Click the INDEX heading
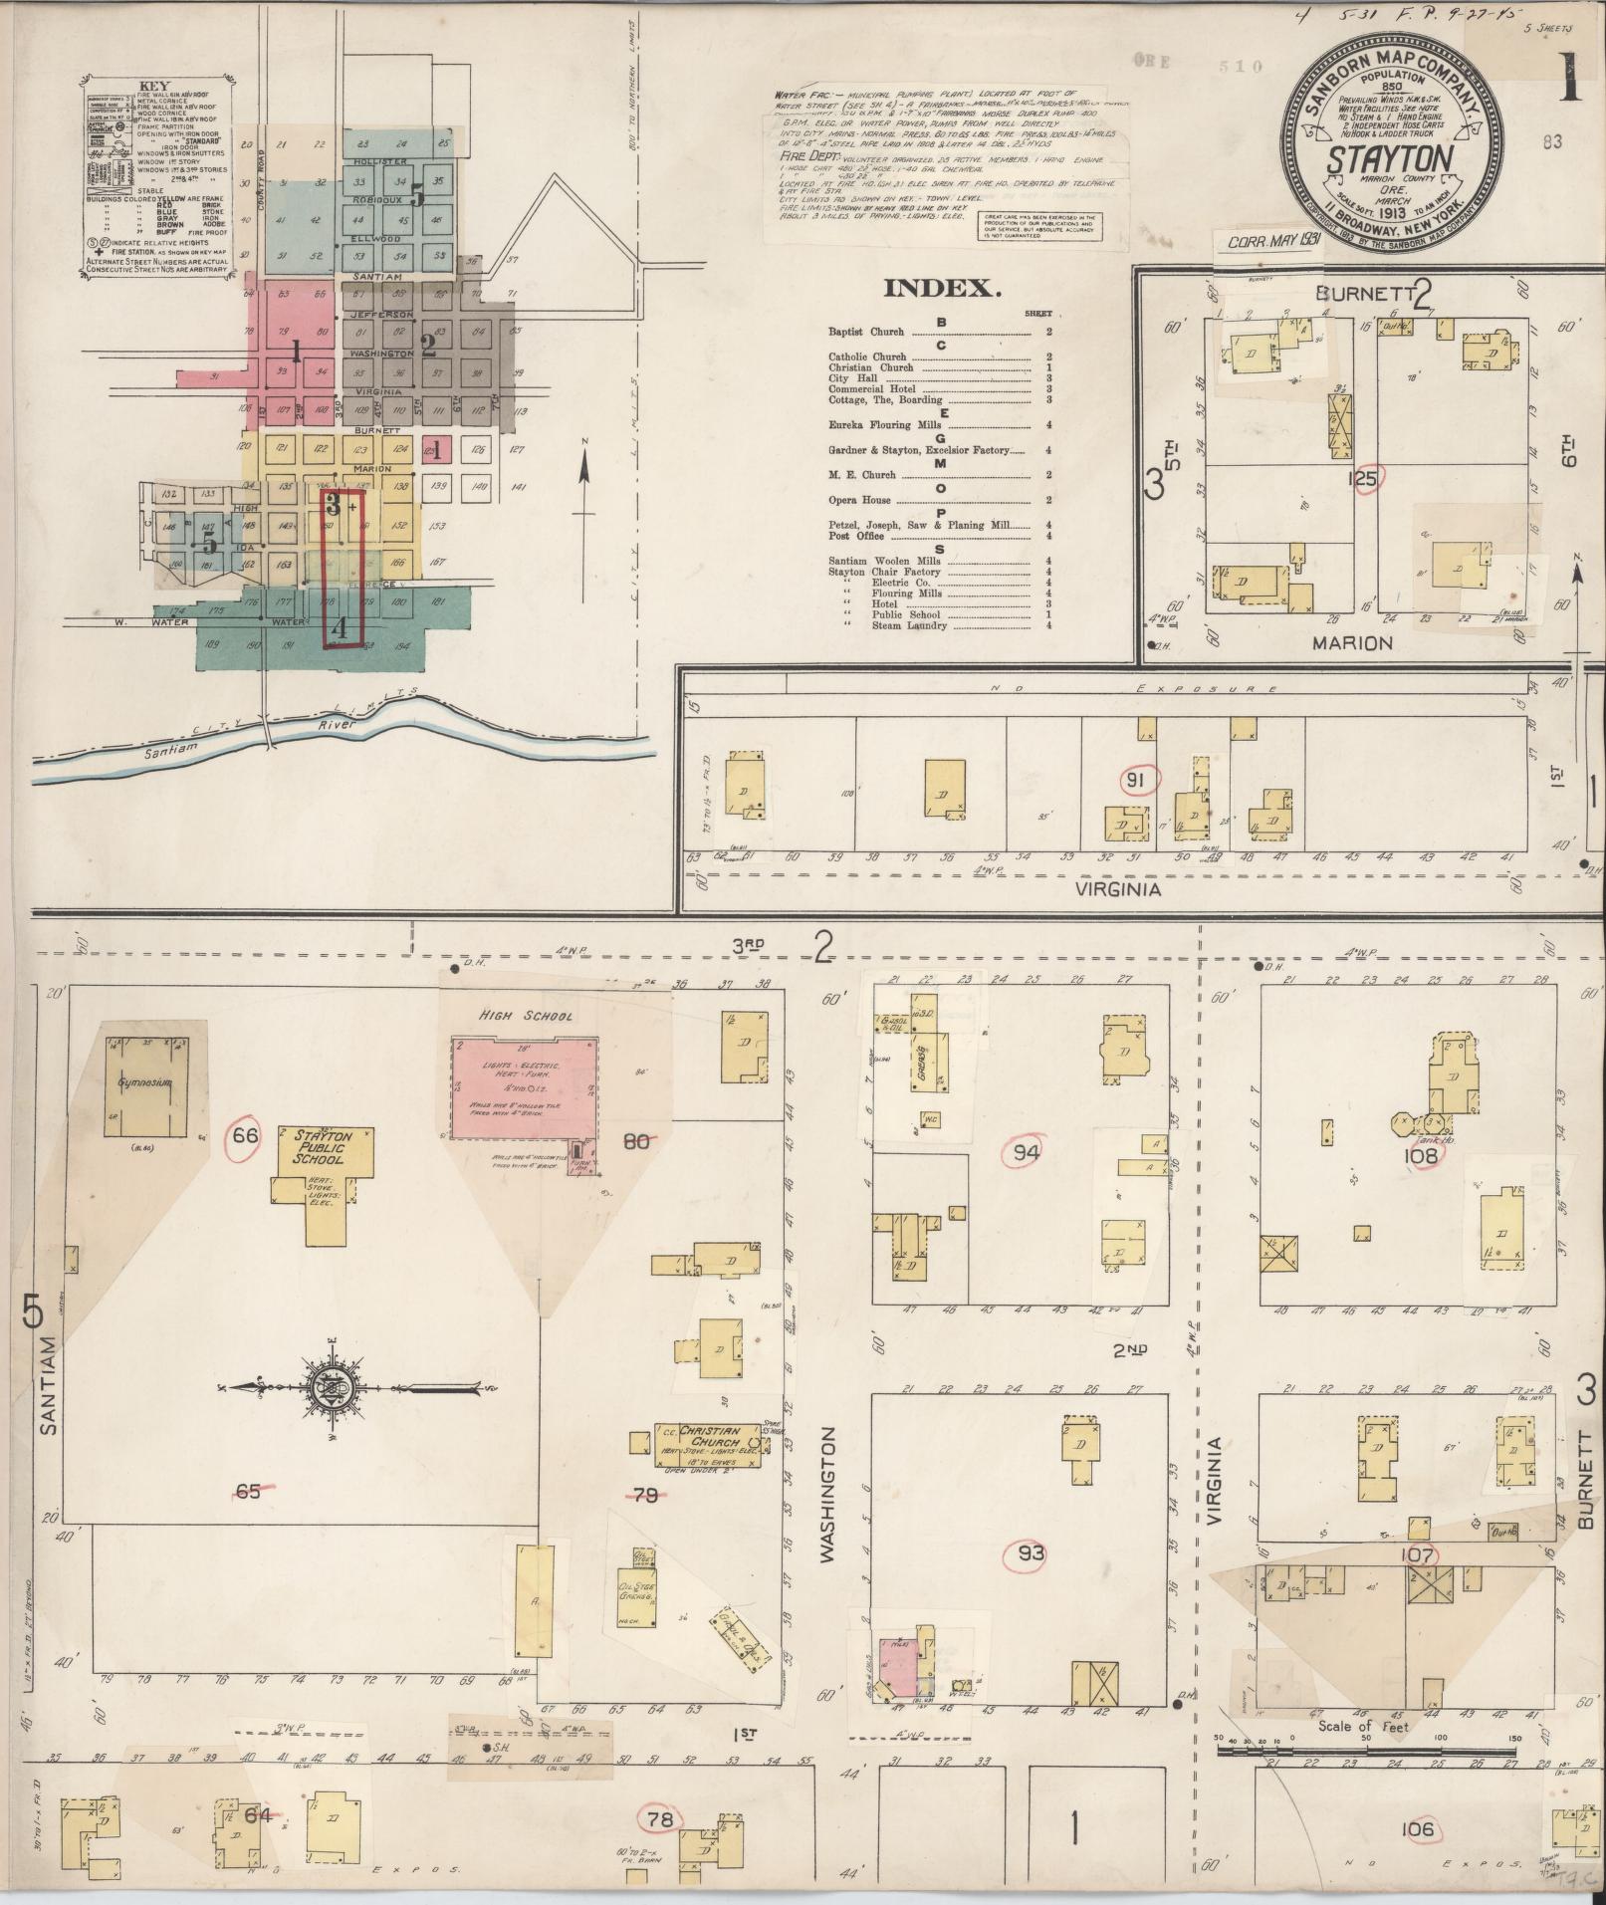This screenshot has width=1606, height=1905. [x=940, y=290]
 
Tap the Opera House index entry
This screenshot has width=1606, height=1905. [x=859, y=500]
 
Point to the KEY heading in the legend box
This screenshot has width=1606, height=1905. [x=154, y=87]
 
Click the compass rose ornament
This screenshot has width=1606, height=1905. [x=329, y=1387]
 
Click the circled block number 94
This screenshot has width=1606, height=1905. [x=1027, y=1153]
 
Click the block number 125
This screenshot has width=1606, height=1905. [x=1361, y=479]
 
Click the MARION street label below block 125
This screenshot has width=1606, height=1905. [x=1351, y=643]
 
